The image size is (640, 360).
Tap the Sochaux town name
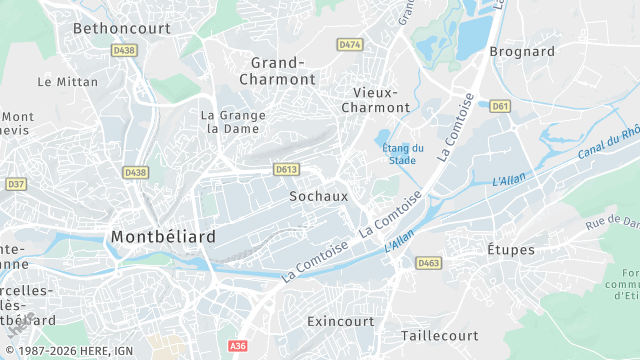[318, 197]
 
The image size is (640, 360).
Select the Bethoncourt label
[122, 28]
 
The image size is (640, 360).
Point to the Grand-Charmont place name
[277, 70]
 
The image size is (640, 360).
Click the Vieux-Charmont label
[376, 99]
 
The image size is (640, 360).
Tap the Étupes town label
[510, 250]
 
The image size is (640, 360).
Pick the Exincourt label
[340, 322]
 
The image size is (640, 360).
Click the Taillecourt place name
[441, 336]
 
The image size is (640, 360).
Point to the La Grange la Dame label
[232, 122]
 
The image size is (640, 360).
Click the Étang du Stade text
[403, 154]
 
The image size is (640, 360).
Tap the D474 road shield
[350, 45]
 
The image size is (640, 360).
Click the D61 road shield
[501, 105]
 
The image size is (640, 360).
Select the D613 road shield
[286, 170]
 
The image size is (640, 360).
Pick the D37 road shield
[15, 184]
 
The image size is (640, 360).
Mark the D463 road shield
[429, 263]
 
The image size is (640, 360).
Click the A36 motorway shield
[237, 346]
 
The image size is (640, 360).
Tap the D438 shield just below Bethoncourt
[125, 50]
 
